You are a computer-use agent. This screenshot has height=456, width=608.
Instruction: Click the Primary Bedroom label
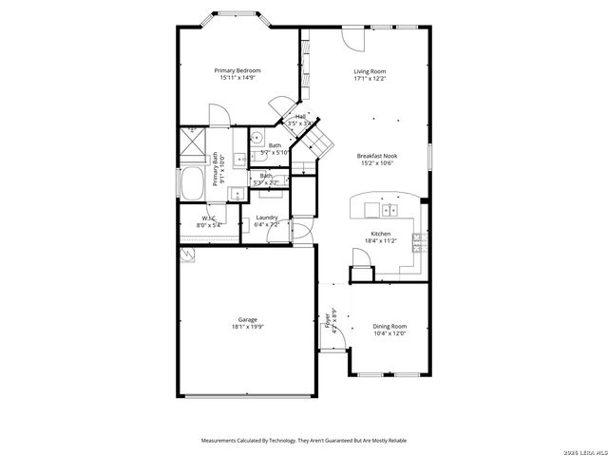click(x=237, y=70)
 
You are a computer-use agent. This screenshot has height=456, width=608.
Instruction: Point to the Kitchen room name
click(x=380, y=233)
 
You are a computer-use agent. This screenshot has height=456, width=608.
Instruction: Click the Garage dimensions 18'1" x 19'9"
click(x=247, y=327)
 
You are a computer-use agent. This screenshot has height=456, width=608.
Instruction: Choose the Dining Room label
click(x=389, y=326)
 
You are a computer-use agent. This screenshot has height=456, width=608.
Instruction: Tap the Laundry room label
click(x=267, y=218)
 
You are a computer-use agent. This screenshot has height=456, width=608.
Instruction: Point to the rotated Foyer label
click(x=329, y=316)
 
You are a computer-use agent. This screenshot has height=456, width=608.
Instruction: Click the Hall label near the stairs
click(x=300, y=117)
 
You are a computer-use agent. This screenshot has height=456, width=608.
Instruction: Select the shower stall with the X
click(x=194, y=146)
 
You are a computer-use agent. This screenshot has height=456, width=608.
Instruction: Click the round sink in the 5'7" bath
click(x=256, y=137)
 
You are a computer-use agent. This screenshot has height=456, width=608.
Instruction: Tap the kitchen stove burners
click(x=417, y=243)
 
